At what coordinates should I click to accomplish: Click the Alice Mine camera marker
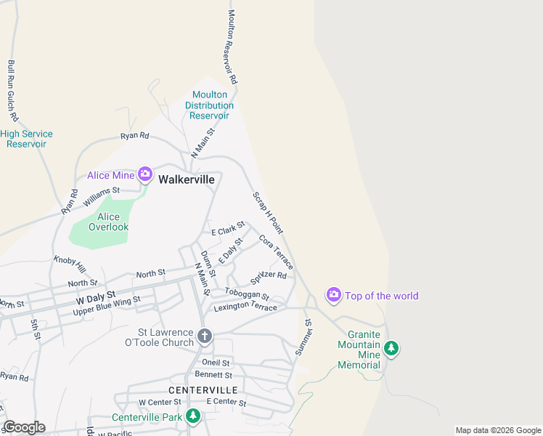point(145,174)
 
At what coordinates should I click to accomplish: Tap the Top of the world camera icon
point(334,295)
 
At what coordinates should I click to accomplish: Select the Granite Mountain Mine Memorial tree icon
point(392,349)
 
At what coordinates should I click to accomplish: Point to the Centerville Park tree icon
point(193,416)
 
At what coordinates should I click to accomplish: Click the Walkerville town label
point(187,179)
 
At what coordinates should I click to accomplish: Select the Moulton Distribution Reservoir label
point(210,105)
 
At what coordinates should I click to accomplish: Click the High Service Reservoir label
point(26,139)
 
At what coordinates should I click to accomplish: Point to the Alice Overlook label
point(108,222)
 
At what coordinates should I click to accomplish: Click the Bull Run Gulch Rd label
point(12,90)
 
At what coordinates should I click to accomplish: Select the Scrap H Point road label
point(267,213)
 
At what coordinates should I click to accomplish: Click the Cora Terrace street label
point(276,252)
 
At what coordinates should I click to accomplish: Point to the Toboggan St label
point(247,295)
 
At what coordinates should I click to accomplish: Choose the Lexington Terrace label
point(245,307)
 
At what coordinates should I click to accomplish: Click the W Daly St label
point(96,296)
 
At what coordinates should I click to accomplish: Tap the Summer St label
point(303,337)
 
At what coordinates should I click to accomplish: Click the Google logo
point(24,427)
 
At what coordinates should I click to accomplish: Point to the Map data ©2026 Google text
point(497,430)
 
